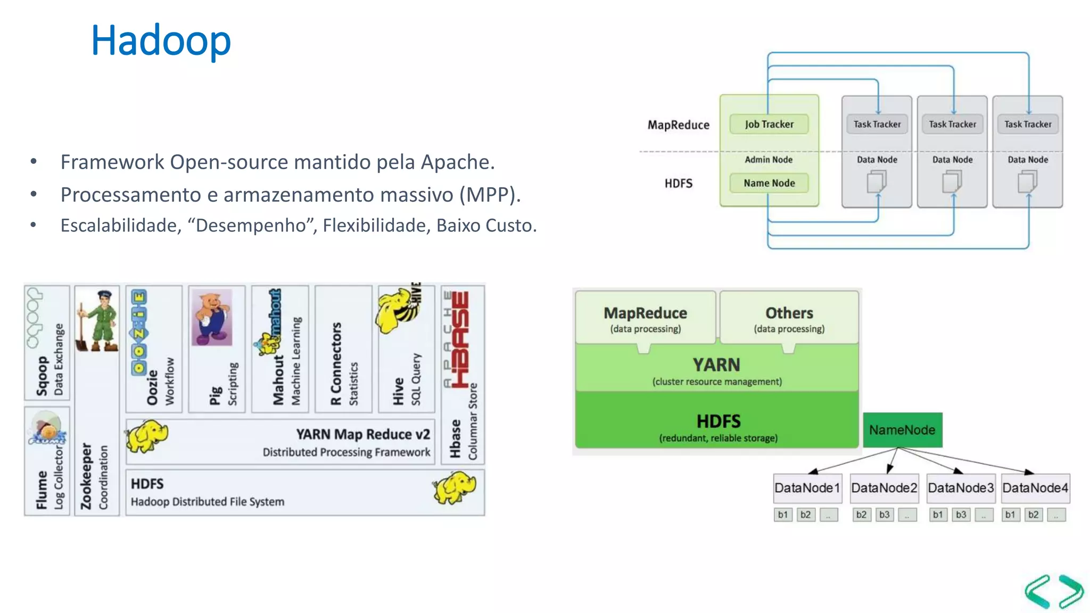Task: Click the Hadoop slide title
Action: (161, 40)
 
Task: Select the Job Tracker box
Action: (769, 124)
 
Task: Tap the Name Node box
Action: (769, 183)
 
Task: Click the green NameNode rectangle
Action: (902, 430)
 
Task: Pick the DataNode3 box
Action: (960, 488)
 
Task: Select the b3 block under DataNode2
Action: (884, 515)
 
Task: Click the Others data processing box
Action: (789, 318)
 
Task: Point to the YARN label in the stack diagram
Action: (716, 365)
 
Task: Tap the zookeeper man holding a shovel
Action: (99, 322)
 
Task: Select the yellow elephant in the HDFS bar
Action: (454, 487)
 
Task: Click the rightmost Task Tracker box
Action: (1027, 124)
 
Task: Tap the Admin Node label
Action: (769, 160)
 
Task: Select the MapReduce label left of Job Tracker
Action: (678, 125)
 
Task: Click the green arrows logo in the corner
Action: (1054, 591)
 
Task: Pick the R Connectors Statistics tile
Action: (343, 349)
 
